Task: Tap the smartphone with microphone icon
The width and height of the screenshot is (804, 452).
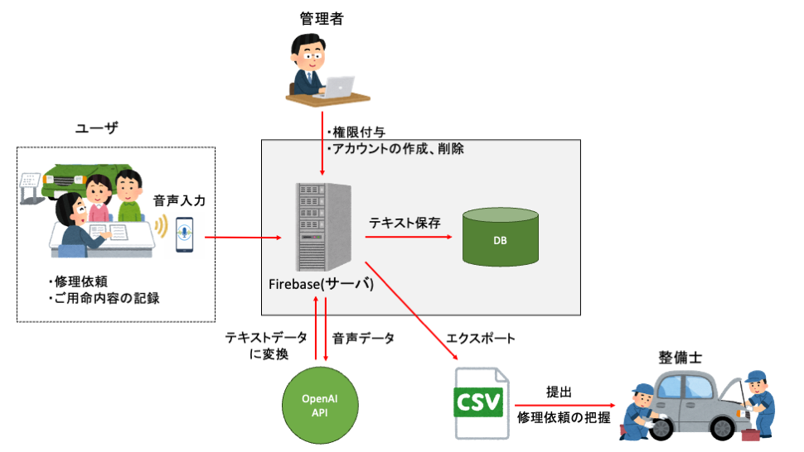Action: pos(184,235)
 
